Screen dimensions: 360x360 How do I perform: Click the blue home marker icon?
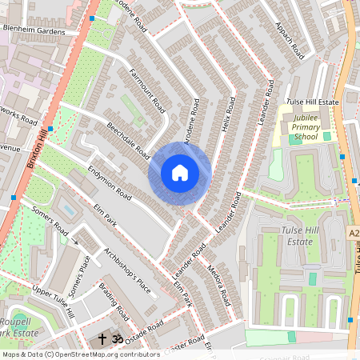tap(180, 173)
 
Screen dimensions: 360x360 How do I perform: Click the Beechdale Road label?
tap(127, 140)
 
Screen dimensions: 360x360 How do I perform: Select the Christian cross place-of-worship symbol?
tap(102, 339)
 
